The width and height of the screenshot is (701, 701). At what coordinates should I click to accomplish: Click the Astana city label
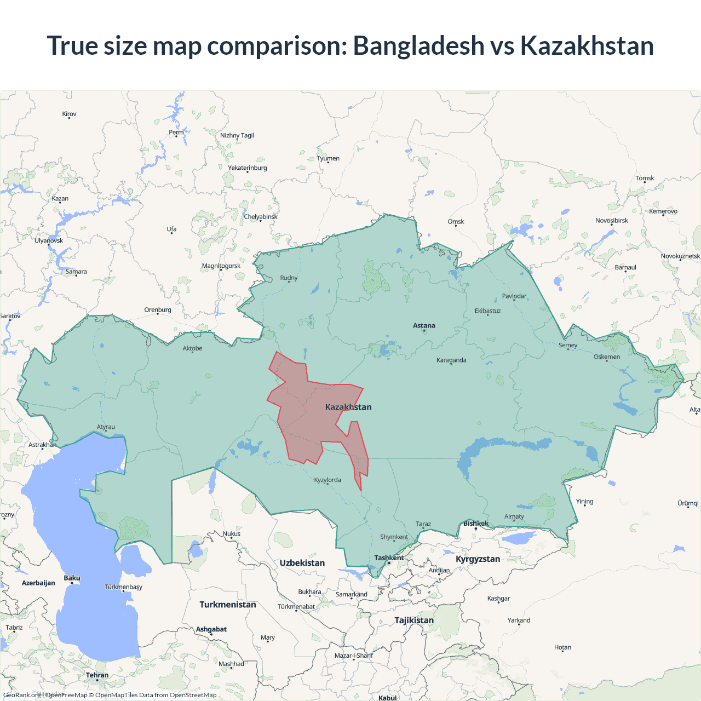coord(424,325)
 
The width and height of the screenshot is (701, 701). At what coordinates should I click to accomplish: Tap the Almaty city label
coord(514,516)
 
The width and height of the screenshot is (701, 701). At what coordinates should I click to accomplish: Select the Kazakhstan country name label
coord(348,407)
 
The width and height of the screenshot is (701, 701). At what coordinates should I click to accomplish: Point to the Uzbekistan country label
coord(302,563)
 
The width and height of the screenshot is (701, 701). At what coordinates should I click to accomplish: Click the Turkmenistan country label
coord(227,605)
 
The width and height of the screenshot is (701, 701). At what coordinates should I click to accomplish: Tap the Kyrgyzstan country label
coord(478,559)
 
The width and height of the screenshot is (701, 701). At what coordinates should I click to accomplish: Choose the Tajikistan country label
coord(414,620)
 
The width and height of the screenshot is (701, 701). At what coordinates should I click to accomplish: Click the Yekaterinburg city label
coord(248,168)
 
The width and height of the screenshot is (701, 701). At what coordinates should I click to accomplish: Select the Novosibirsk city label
coord(612,221)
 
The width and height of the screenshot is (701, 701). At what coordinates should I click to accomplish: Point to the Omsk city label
coord(456,222)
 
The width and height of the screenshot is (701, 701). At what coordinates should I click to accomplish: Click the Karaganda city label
coord(451,360)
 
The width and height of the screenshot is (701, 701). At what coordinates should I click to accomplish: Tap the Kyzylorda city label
coord(327,480)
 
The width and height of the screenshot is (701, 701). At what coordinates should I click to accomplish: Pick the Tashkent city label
coord(389,558)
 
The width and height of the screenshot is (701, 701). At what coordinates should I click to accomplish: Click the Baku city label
coord(72,578)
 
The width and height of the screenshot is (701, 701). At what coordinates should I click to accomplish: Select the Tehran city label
coord(97,675)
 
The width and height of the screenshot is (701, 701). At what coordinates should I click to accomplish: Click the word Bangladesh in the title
coord(418,45)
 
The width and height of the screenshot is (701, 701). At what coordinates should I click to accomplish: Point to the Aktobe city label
coord(192,348)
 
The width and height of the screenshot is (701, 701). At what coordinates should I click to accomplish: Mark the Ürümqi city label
coord(688,503)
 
